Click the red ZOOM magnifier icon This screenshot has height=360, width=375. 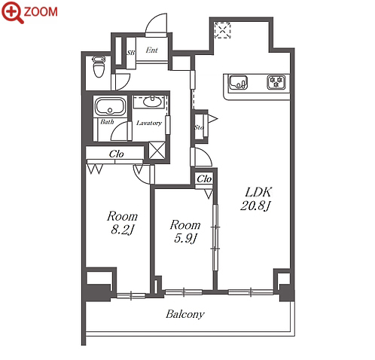point(13,12)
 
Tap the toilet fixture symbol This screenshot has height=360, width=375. point(99,66)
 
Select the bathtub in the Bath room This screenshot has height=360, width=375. point(110,106)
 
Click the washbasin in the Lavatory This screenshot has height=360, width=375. point(152,102)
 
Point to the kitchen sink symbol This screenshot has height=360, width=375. point(238,83)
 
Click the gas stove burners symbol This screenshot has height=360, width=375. point(276,82)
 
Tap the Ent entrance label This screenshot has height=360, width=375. point(151,50)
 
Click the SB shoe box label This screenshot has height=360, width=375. point(130,53)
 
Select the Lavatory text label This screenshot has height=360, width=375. point(148,123)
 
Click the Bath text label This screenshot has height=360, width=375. point(107,122)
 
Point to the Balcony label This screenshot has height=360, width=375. point(185,314)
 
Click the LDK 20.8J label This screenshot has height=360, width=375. point(255,199)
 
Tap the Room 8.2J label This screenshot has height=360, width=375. point(122,223)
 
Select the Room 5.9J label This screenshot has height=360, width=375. point(185,231)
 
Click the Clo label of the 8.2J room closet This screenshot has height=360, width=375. point(116,154)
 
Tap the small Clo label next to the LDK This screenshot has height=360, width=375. point(204,178)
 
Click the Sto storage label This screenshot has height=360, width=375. point(198,127)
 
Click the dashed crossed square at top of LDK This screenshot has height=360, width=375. point(222,30)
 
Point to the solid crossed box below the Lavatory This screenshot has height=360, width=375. point(157,151)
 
